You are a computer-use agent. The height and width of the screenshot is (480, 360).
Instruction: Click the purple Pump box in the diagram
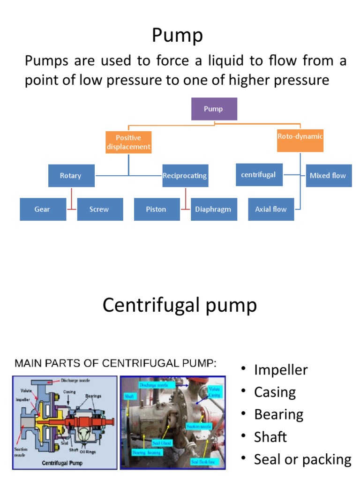214,109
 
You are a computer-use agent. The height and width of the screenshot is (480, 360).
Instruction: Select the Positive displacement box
128,142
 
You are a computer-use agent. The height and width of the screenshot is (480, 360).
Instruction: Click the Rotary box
71,176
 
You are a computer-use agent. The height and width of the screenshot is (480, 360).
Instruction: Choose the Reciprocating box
185,176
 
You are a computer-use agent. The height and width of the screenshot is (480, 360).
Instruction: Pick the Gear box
43,209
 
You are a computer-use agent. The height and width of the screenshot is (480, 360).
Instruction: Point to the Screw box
99,209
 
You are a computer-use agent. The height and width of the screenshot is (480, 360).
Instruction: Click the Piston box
157,209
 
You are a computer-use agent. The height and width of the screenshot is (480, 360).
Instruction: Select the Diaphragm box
213,209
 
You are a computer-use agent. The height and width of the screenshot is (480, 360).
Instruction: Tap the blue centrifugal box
259,175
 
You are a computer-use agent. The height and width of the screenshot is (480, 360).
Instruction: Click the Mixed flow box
328,176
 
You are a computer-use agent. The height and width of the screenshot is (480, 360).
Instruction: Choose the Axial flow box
271,209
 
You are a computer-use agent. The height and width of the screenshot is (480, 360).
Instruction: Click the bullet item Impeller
280,370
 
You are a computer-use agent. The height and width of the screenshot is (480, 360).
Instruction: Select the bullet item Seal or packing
302,459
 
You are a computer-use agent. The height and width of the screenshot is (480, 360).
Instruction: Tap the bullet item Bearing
278,414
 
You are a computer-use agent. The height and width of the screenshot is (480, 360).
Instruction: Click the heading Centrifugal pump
180,305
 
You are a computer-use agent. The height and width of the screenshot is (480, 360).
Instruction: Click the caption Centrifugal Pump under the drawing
62,463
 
